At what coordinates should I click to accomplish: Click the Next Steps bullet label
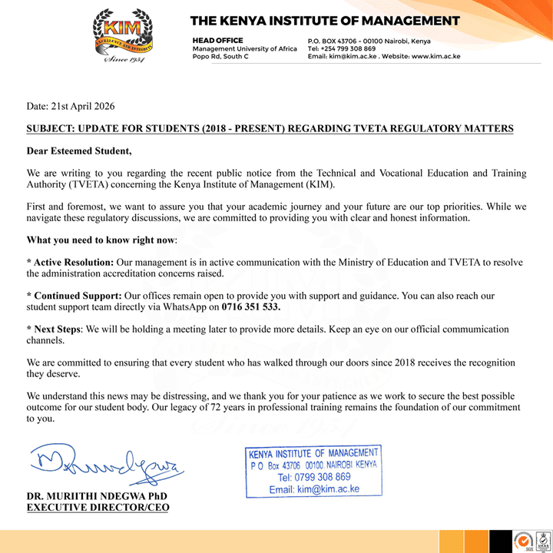coord(58,329)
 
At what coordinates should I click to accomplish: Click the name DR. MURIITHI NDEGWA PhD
coord(97,495)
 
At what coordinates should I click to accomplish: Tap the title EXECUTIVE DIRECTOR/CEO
coord(98,507)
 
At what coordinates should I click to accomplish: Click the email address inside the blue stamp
coord(314,489)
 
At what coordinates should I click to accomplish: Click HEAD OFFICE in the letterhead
coord(217,41)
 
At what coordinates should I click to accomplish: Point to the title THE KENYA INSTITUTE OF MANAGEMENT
coord(325,21)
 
